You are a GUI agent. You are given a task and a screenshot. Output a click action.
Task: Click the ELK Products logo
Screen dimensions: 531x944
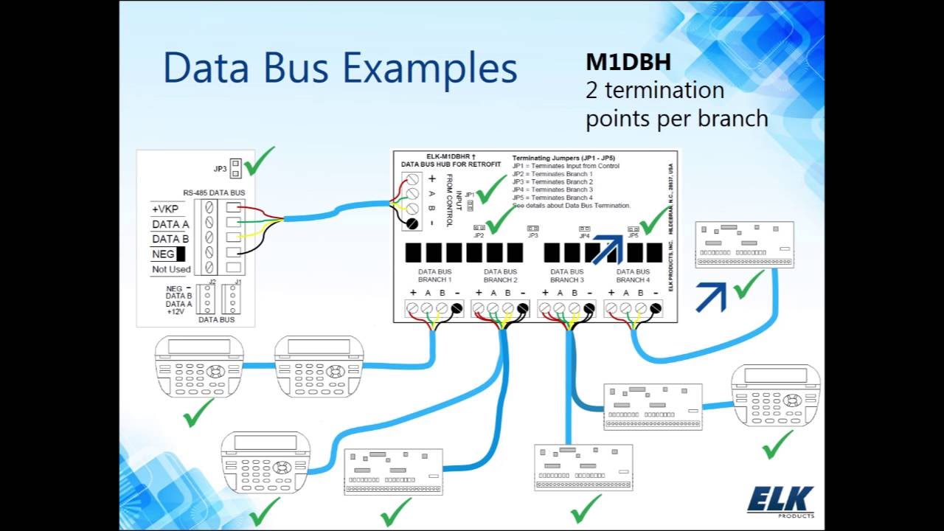[x=780, y=501]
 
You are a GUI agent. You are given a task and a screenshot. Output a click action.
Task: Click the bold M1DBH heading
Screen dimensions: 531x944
[x=628, y=62]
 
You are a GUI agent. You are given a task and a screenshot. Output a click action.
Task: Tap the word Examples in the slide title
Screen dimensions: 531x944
[x=430, y=68]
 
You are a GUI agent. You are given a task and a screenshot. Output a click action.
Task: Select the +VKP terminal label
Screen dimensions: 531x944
[x=165, y=209]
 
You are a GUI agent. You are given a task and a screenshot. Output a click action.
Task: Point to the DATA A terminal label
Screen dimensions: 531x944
[x=170, y=224]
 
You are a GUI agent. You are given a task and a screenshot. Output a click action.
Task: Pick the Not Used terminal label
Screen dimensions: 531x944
[x=171, y=269]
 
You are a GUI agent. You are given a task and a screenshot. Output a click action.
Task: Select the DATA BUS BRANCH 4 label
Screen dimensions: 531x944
[x=633, y=276]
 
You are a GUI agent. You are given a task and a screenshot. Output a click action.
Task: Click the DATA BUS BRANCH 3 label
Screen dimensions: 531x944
[x=567, y=276]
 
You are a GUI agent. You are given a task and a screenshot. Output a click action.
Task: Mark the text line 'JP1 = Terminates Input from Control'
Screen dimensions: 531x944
[x=566, y=166]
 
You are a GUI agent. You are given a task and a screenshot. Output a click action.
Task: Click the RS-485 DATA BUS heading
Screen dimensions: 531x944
[x=214, y=192]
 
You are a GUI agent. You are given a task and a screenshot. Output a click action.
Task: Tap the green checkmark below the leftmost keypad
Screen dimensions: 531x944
[x=198, y=413]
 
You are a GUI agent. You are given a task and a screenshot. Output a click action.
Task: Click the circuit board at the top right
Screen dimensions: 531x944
[x=744, y=245]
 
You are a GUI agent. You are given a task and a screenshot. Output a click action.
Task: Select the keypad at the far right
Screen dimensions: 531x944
[x=776, y=395]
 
